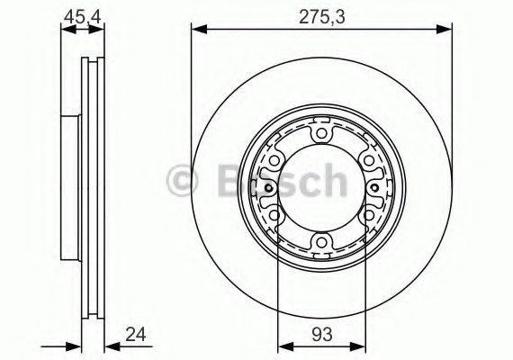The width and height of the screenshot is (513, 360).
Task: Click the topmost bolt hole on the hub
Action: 321,135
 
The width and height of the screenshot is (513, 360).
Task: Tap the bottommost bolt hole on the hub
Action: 321,241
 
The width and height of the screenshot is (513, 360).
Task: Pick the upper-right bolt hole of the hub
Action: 367,161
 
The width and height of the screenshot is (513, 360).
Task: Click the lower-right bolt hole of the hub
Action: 367,215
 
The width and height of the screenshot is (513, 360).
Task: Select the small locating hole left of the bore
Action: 269,188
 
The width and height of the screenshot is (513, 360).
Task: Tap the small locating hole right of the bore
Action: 373,188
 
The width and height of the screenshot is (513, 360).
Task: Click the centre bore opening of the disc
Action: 321,188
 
